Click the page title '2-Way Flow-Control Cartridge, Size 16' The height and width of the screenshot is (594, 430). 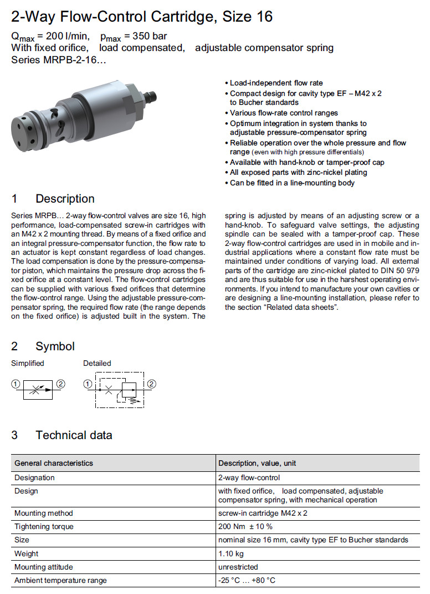[x=142, y=17]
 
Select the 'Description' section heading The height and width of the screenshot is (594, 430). [x=65, y=199]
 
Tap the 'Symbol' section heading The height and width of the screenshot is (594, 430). [x=55, y=346]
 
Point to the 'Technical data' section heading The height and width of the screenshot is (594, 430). [x=74, y=435]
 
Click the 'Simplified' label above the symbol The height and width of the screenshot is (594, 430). [x=28, y=363]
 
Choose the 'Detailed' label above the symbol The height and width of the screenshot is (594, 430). [x=97, y=363]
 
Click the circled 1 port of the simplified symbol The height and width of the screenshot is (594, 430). [x=16, y=384]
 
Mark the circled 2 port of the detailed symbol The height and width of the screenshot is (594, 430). [x=151, y=384]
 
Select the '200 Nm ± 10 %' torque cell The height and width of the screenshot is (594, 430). [x=245, y=526]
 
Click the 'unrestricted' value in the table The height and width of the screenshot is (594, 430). [x=238, y=567]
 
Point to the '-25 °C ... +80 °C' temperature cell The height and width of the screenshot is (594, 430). [x=247, y=580]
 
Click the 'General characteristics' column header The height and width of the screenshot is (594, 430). [x=54, y=463]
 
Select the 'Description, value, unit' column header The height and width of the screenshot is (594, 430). [x=257, y=463]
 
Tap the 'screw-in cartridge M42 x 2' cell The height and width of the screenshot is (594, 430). [x=263, y=513]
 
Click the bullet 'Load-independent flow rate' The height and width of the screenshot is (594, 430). [x=276, y=83]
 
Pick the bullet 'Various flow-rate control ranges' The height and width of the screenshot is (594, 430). [x=284, y=113]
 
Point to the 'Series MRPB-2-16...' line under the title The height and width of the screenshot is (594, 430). [x=59, y=59]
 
